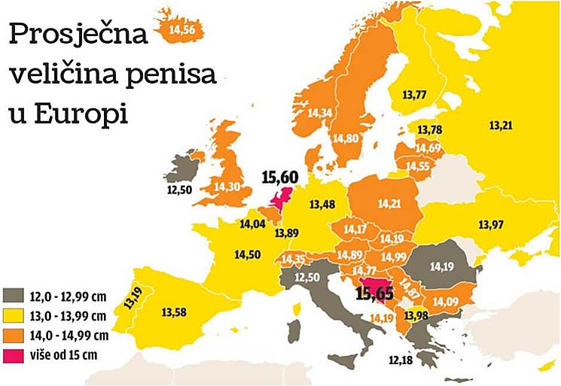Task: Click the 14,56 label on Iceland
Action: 183,29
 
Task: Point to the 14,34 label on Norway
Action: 320,113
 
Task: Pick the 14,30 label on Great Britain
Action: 227,186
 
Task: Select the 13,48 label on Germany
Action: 322,204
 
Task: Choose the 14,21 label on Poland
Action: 389,203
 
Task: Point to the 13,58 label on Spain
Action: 175,309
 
